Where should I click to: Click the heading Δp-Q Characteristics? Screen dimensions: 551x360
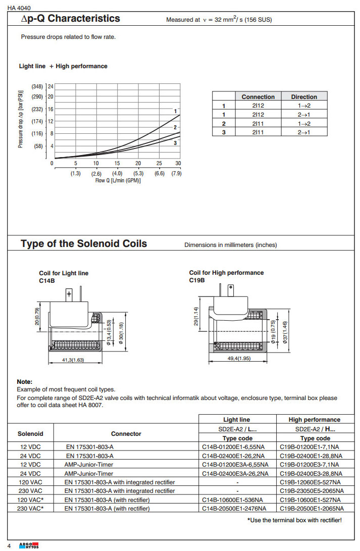(x=70, y=19)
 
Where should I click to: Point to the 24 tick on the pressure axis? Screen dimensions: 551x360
(x=50, y=86)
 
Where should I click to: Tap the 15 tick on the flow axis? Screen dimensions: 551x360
(x=117, y=163)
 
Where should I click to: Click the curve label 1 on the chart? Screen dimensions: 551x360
(x=175, y=111)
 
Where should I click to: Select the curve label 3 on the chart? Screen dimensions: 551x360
(x=175, y=143)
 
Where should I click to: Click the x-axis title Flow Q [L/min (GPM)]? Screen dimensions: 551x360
(x=118, y=180)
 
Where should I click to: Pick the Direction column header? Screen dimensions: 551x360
(x=304, y=96)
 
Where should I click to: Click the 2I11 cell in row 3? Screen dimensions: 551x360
(x=258, y=132)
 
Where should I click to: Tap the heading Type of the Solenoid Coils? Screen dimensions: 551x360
(x=84, y=244)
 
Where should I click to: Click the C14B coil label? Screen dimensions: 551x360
(x=47, y=280)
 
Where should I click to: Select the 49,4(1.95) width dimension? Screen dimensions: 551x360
(x=238, y=358)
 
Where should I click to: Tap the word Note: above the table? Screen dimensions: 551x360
(x=24, y=382)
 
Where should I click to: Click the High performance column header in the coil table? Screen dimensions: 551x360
(x=314, y=419)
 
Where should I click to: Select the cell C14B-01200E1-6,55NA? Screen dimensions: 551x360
(x=237, y=447)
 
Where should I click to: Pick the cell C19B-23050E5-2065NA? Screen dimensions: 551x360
(x=312, y=490)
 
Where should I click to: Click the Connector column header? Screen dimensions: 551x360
(x=126, y=433)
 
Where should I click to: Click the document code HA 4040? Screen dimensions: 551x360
(x=19, y=7)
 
